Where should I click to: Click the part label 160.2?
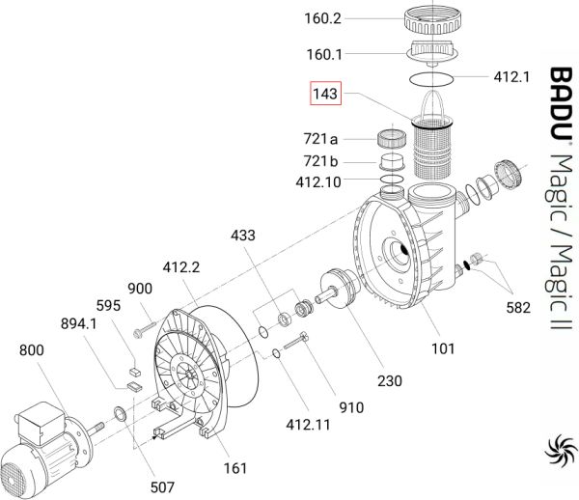click(322, 18)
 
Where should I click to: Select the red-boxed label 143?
click(325, 94)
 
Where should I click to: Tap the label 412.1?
click(511, 77)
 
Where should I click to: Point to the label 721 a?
click(320, 139)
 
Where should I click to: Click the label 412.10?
click(318, 182)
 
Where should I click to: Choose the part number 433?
click(243, 236)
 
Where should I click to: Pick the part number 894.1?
click(79, 324)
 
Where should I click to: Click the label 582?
click(518, 308)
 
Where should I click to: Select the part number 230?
click(390, 380)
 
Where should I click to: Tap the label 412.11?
click(308, 425)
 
